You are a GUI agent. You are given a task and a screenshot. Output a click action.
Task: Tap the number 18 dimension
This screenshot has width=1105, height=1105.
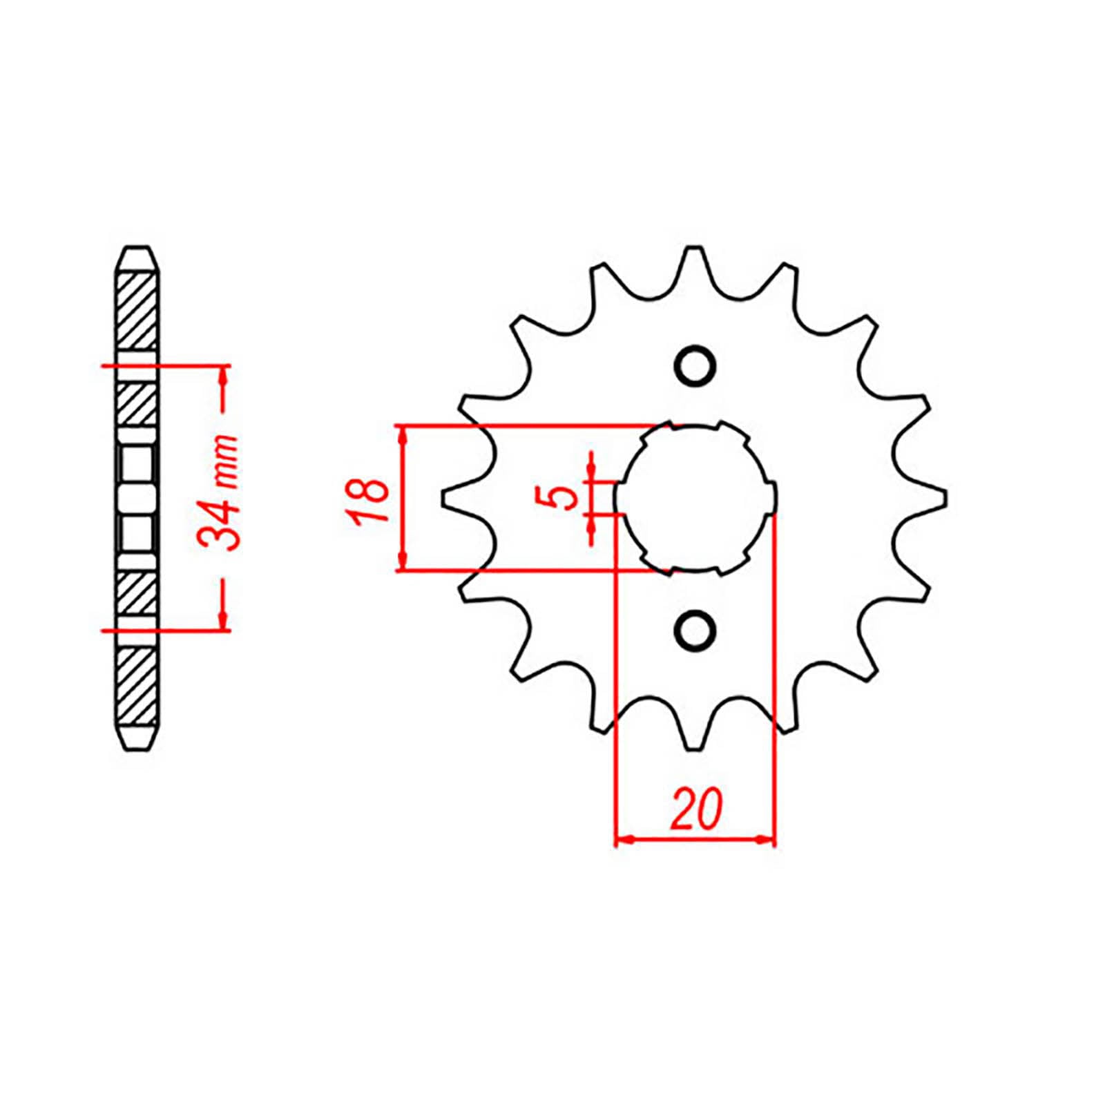371,499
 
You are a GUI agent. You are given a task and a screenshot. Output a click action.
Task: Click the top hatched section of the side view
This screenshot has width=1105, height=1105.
138,311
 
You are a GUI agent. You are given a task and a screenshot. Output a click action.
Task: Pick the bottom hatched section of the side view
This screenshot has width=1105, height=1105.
138,684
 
